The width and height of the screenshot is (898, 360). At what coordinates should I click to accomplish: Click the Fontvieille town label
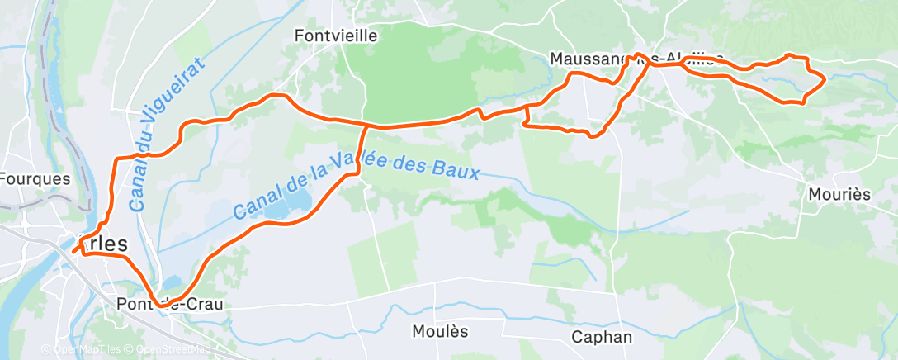point(336,36)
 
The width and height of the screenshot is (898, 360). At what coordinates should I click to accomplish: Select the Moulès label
point(439,331)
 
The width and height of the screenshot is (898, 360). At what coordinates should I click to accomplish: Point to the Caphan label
point(602,337)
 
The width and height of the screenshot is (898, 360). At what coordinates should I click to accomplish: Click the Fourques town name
point(35,178)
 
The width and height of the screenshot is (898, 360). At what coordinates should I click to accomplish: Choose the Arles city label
point(103,244)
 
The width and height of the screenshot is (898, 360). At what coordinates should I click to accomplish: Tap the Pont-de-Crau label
point(171,304)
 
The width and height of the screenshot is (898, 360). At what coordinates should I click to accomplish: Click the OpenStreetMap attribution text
point(168,349)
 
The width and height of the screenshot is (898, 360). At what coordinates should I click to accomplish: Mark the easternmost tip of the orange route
point(825,79)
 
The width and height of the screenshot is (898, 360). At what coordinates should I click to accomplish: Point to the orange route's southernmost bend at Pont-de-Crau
point(163,307)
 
